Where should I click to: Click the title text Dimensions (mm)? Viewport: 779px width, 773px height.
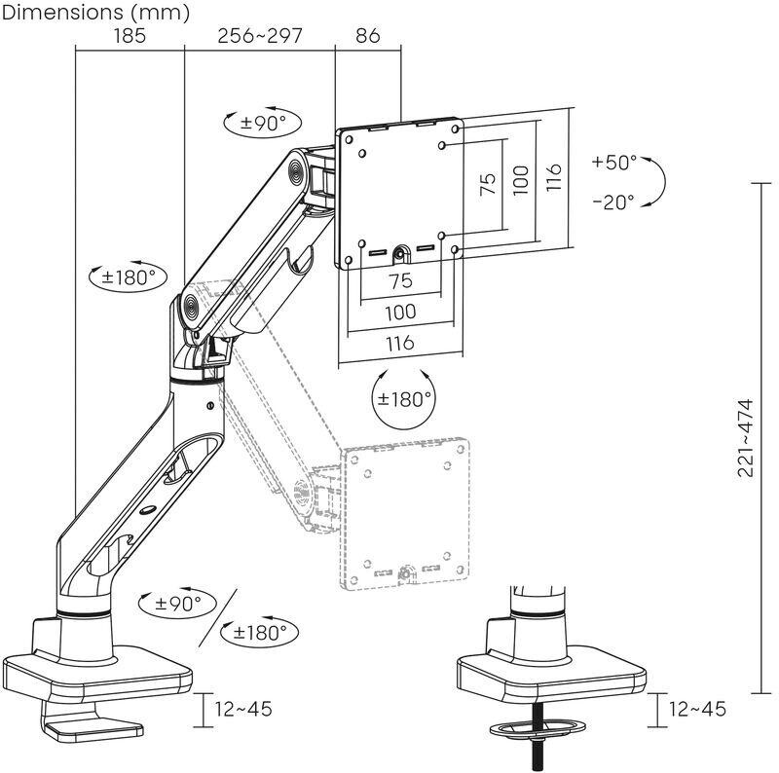(95, 12)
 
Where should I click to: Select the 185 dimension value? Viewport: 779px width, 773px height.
(130, 36)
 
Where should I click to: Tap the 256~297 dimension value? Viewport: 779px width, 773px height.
(260, 36)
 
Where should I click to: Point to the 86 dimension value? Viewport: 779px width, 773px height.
(368, 36)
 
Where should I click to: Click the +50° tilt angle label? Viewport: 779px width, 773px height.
(614, 162)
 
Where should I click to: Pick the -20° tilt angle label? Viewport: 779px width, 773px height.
(614, 202)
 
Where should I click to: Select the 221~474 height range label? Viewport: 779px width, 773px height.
(745, 438)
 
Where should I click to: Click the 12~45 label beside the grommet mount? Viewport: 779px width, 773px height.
(697, 709)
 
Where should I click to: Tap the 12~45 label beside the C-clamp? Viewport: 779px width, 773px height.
(243, 709)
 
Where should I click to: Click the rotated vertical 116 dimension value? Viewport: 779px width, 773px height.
(553, 177)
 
